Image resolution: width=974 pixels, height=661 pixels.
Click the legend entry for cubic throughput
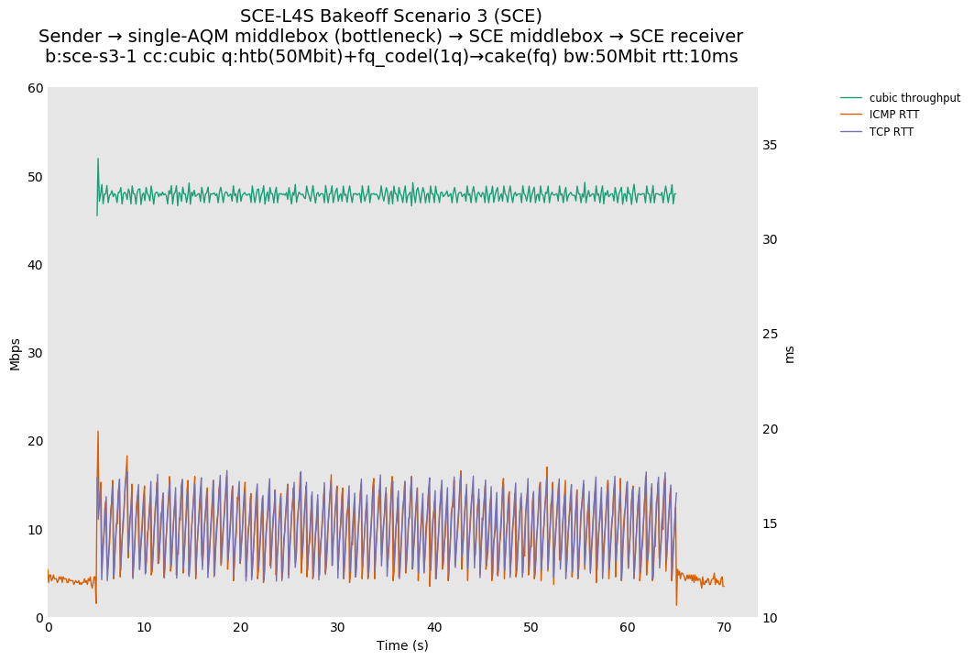pos(914,98)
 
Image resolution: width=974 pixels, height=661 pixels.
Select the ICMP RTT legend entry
pos(893,115)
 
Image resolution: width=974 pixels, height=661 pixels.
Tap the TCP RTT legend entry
pos(891,132)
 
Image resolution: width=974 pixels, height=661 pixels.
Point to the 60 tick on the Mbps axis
pos(36,89)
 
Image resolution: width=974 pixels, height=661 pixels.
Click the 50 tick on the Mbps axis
pos(36,177)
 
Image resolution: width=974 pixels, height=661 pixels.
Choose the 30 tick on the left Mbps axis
pos(36,353)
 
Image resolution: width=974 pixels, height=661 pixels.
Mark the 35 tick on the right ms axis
pos(770,145)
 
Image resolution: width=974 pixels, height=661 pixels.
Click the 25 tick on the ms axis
pos(770,335)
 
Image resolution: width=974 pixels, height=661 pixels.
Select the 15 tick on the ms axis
pos(770,523)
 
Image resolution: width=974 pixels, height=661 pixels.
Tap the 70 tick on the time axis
pos(724,628)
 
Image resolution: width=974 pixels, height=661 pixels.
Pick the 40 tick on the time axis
pos(434,628)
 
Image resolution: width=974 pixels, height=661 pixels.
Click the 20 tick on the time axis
pos(241,628)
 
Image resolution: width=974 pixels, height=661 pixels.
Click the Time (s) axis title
pos(402,645)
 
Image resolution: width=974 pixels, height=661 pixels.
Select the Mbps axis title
pos(16,353)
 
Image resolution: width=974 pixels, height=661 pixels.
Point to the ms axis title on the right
pos(790,353)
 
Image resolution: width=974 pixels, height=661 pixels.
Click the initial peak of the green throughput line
pos(98,159)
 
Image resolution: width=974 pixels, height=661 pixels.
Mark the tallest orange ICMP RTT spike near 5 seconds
pos(98,432)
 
